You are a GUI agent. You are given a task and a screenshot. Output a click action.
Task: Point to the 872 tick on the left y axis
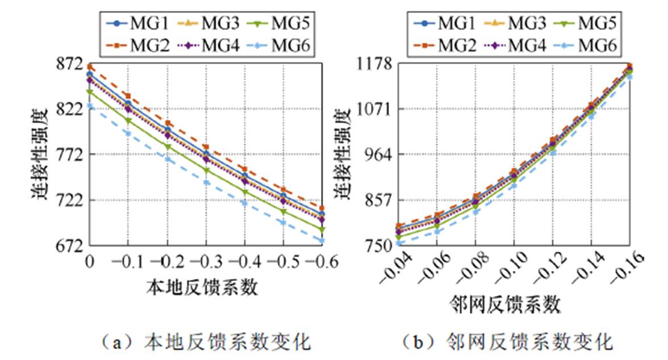pyautogui.click(x=73, y=64)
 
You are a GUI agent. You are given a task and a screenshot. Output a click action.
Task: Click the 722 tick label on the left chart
pyautogui.click(x=73, y=200)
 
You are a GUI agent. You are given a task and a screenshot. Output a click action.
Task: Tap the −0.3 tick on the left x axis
pyautogui.click(x=206, y=262)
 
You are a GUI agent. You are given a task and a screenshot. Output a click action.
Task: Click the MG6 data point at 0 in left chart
pyautogui.click(x=89, y=106)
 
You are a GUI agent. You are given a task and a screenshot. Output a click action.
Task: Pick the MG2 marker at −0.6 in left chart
pyautogui.click(x=322, y=208)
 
